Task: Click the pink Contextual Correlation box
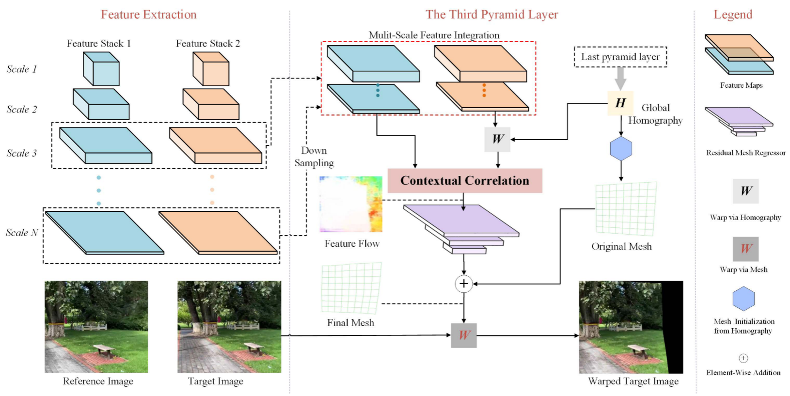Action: [464, 181]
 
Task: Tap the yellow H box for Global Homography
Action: [620, 103]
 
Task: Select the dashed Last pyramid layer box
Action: [620, 57]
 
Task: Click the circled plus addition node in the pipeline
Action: [464, 284]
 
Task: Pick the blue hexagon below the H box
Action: [621, 148]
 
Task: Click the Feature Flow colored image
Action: [351, 204]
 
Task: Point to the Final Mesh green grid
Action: [351, 288]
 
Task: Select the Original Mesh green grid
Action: [626, 209]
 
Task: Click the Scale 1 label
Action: [21, 69]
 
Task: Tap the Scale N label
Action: [22, 233]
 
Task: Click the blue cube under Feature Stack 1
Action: [101, 69]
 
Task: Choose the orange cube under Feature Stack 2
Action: [211, 69]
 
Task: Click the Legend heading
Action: [733, 15]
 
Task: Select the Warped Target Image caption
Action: [633, 381]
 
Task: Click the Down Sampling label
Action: [314, 157]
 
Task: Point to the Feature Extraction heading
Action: [149, 15]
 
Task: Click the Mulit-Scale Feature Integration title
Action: [434, 35]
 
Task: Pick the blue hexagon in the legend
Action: [743, 299]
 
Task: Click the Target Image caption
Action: [216, 381]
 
